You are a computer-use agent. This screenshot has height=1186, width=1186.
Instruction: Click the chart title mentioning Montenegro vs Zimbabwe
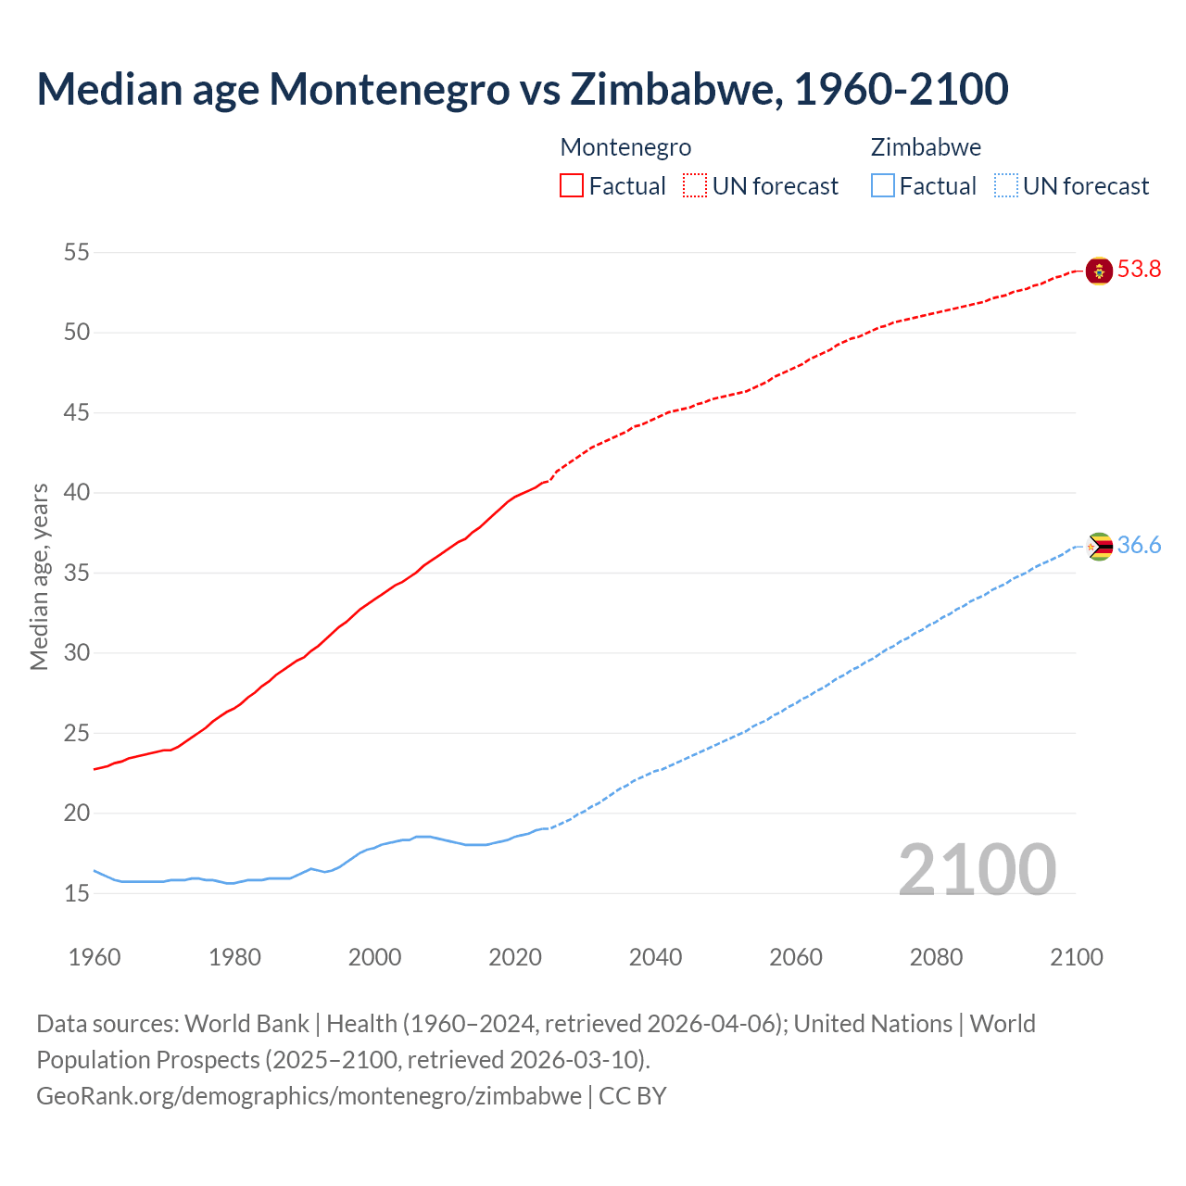(522, 89)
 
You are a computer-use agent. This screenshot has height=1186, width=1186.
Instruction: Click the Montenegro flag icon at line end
(1099, 271)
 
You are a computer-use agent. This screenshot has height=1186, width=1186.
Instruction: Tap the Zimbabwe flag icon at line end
(1099, 547)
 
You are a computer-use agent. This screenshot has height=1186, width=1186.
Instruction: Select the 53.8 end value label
(1139, 270)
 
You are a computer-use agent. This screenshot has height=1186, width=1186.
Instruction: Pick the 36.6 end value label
(1139, 546)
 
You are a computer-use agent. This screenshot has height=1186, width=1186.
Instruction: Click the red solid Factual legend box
(572, 186)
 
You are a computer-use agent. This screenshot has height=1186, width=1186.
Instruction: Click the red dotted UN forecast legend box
(695, 186)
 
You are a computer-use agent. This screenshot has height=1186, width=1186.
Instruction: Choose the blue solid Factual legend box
(883, 186)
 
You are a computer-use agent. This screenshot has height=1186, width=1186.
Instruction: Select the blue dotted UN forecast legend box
(1006, 186)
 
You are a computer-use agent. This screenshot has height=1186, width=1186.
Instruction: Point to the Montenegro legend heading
(625, 147)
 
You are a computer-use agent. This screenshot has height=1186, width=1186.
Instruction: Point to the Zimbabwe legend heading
(926, 147)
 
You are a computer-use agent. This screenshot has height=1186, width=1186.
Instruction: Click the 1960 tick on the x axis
(95, 957)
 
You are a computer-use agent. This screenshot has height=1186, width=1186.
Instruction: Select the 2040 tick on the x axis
(655, 957)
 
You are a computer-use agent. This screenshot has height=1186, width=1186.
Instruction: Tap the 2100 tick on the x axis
(1077, 957)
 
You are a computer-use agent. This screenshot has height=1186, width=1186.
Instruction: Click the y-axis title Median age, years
(39, 576)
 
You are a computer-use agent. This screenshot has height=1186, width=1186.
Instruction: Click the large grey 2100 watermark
(977, 869)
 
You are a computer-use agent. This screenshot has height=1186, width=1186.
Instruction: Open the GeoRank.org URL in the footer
(309, 1096)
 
